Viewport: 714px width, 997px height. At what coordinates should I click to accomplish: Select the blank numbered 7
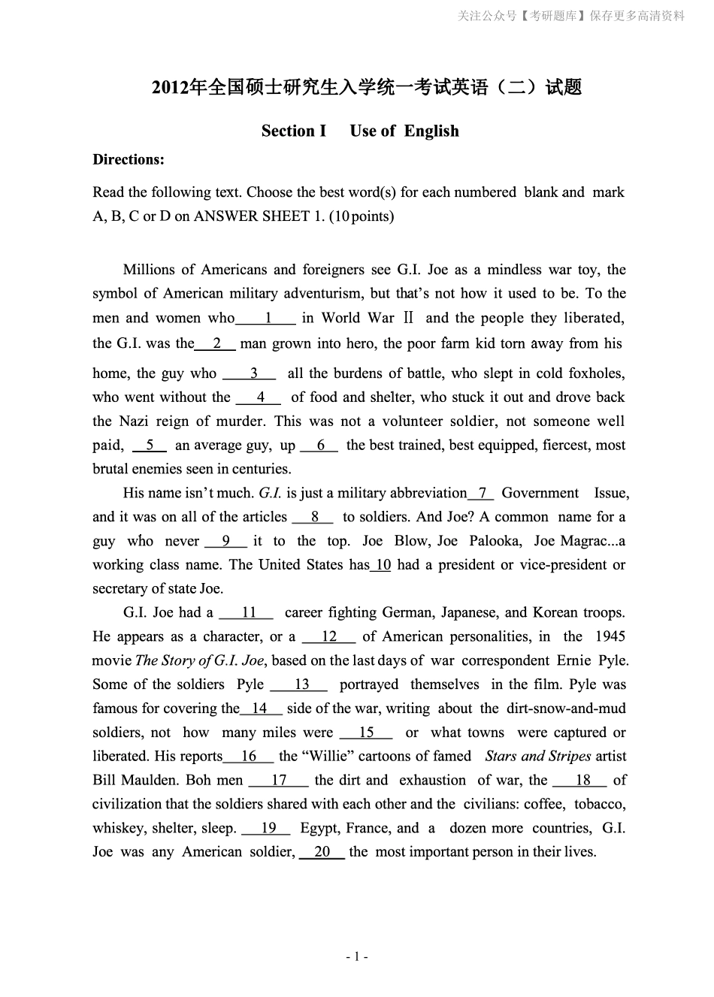click(x=481, y=494)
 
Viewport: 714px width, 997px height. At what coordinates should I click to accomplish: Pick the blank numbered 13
click(x=299, y=684)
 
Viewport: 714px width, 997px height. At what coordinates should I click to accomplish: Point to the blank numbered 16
click(x=249, y=757)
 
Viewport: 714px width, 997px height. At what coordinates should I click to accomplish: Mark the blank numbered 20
click(x=322, y=852)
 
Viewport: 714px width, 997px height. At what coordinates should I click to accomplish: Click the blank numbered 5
click(x=150, y=446)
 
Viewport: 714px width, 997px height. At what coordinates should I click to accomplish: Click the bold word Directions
click(x=128, y=159)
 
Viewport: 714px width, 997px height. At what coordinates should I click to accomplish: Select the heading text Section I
click(x=294, y=131)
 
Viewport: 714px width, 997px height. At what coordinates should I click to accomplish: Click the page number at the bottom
click(x=356, y=956)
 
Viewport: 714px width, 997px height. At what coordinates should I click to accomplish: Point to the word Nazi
click(x=135, y=421)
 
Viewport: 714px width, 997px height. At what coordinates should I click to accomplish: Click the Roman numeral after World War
click(x=408, y=319)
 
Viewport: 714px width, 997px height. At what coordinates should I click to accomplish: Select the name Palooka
click(x=494, y=541)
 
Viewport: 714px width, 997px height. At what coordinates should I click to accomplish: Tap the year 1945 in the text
click(x=610, y=637)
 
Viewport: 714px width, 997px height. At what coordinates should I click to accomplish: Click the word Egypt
click(x=319, y=828)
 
